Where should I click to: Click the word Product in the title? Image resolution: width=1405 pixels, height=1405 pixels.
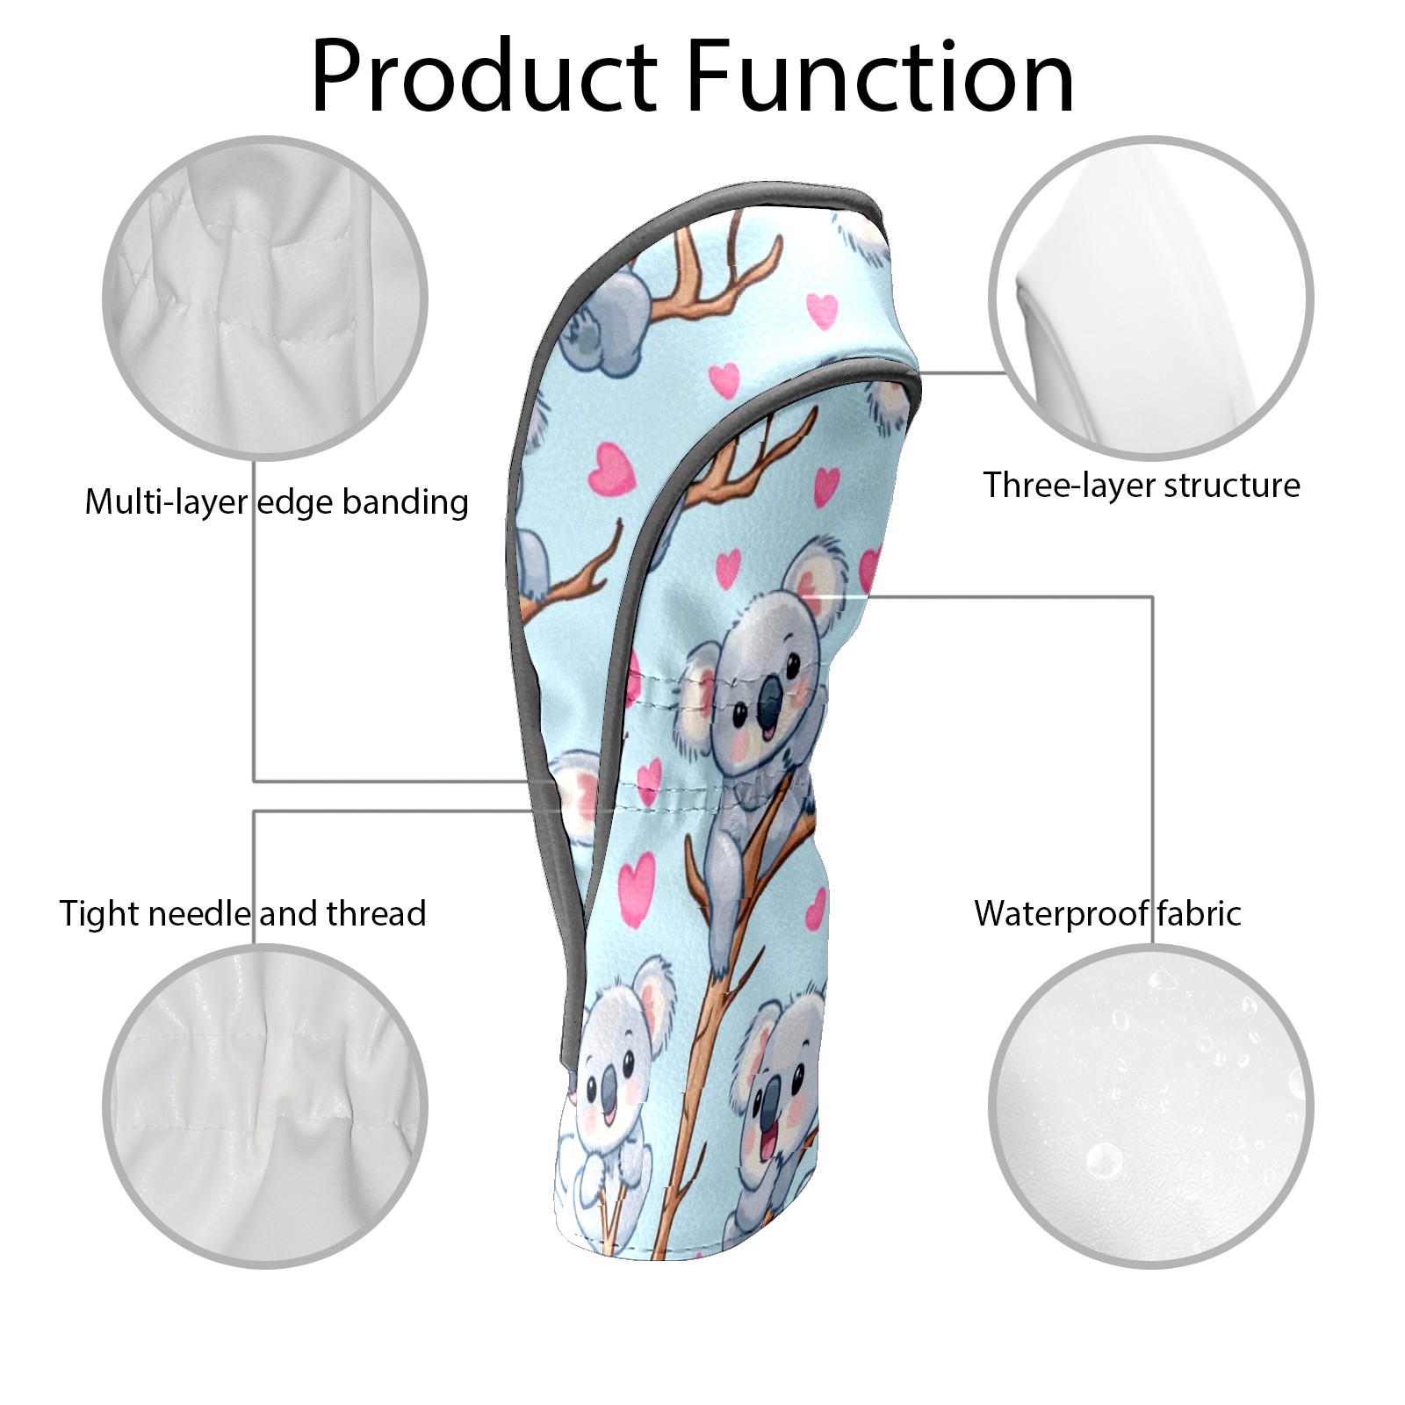tap(484, 76)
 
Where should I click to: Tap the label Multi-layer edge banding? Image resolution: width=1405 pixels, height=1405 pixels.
tap(277, 502)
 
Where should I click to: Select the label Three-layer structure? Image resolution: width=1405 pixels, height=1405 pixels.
tap(1142, 485)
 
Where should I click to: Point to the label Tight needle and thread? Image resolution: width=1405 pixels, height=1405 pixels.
tap(243, 913)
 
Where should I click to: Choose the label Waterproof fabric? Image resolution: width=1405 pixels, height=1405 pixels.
tap(1107, 913)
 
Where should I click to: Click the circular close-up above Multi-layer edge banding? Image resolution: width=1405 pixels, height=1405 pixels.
tap(265, 298)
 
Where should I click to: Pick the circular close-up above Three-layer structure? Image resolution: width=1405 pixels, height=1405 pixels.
tap(1151, 298)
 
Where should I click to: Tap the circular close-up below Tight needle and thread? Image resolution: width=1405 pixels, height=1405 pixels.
tap(265, 1106)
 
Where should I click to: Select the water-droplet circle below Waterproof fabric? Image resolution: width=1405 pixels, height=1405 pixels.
tap(1151, 1106)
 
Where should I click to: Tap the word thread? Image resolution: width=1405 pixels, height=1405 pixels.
tap(378, 913)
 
